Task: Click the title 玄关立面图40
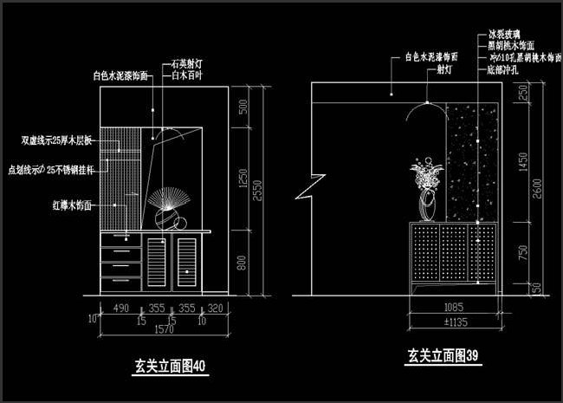(x=170, y=366)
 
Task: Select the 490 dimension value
(x=120, y=307)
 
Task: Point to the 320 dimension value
(x=216, y=307)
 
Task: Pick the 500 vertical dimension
(x=243, y=107)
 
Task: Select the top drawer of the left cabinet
(x=120, y=239)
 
